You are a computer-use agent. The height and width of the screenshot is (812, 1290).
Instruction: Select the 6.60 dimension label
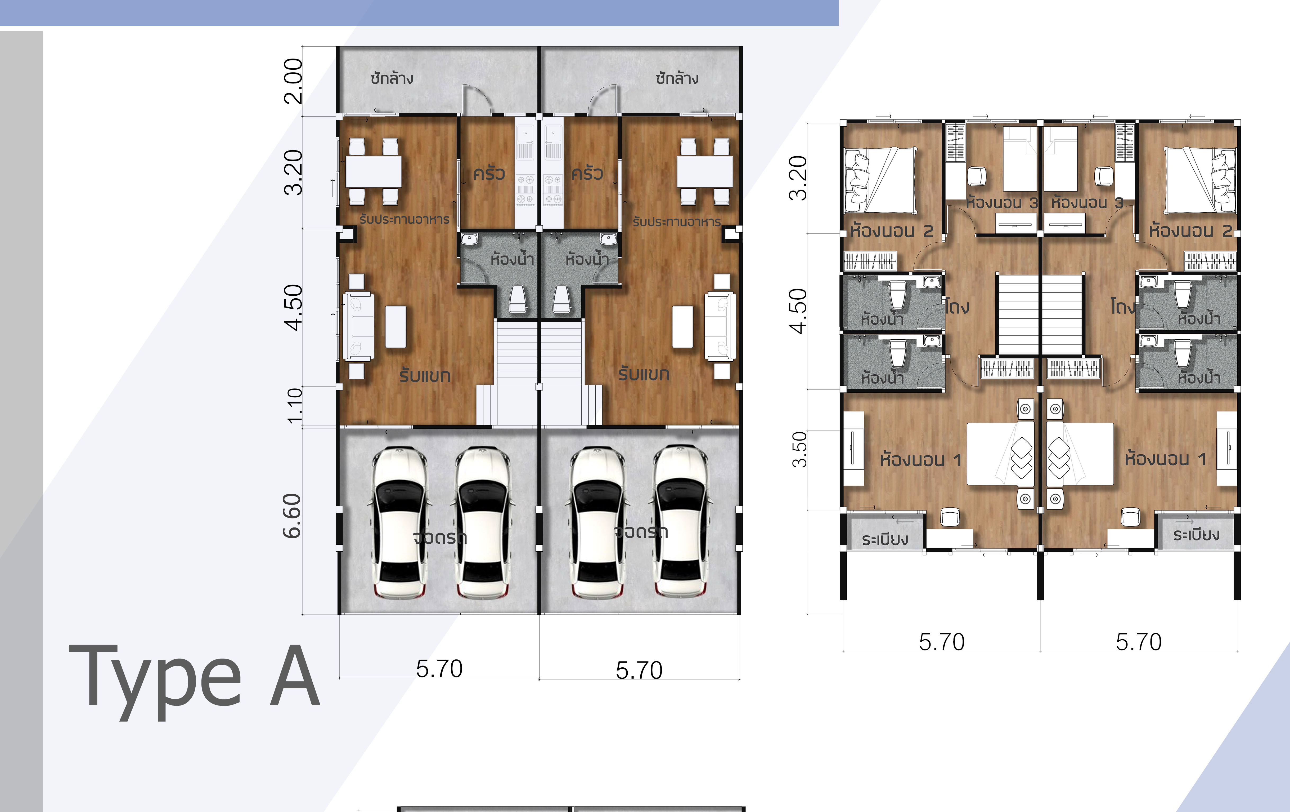coord(293,516)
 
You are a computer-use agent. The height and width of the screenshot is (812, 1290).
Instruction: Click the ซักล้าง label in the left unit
coord(392,78)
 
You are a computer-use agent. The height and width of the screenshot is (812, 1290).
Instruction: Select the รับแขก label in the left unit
coord(425,375)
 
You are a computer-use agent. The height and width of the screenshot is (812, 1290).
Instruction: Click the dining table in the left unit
coord(373,171)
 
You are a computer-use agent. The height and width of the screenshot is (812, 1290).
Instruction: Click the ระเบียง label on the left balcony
coord(885,540)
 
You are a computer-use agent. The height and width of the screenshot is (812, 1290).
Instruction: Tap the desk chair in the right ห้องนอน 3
coord(1104,176)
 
